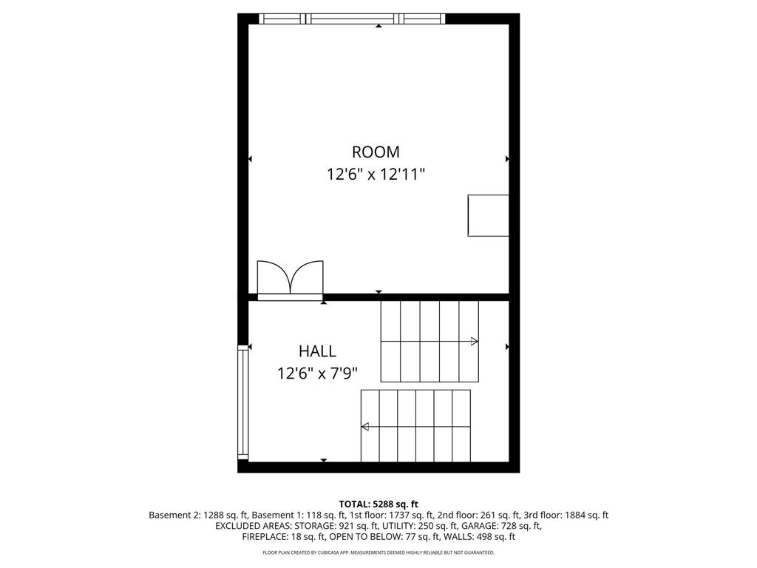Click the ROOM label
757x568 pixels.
[x=376, y=152]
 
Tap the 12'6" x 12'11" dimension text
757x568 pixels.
[x=376, y=174]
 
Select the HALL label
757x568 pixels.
[x=317, y=351]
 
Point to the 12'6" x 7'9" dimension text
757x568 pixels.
[x=317, y=373]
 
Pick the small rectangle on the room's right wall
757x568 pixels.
[x=488, y=215]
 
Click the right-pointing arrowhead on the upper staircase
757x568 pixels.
[x=474, y=342]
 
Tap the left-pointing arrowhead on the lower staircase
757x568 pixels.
[x=365, y=427]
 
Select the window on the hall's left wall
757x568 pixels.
[x=242, y=402]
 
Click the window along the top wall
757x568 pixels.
[x=352, y=18]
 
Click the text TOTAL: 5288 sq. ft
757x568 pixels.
[x=378, y=504]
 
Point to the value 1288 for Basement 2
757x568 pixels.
[x=213, y=515]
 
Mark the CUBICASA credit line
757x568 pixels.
[x=378, y=552]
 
